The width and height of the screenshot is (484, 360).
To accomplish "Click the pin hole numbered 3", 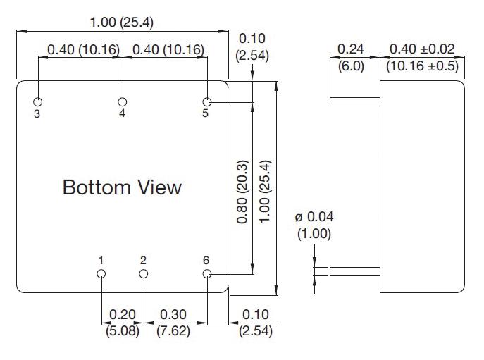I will (x=38, y=102).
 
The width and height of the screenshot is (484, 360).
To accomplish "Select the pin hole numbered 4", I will (x=123, y=102).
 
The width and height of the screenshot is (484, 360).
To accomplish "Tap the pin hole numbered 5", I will (x=207, y=102).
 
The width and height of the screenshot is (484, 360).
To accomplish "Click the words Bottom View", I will (x=122, y=187).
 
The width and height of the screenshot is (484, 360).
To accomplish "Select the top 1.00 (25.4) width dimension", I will (x=122, y=23).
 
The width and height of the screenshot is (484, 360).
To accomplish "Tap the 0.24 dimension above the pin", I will (x=350, y=49).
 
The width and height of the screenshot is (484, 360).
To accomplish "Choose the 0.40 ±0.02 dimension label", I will (x=422, y=49).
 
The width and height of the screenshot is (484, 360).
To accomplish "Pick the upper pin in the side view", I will (x=356, y=102).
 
